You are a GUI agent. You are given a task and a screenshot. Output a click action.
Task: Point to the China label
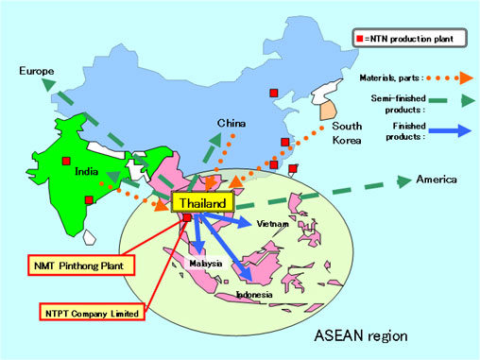point(231,124)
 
